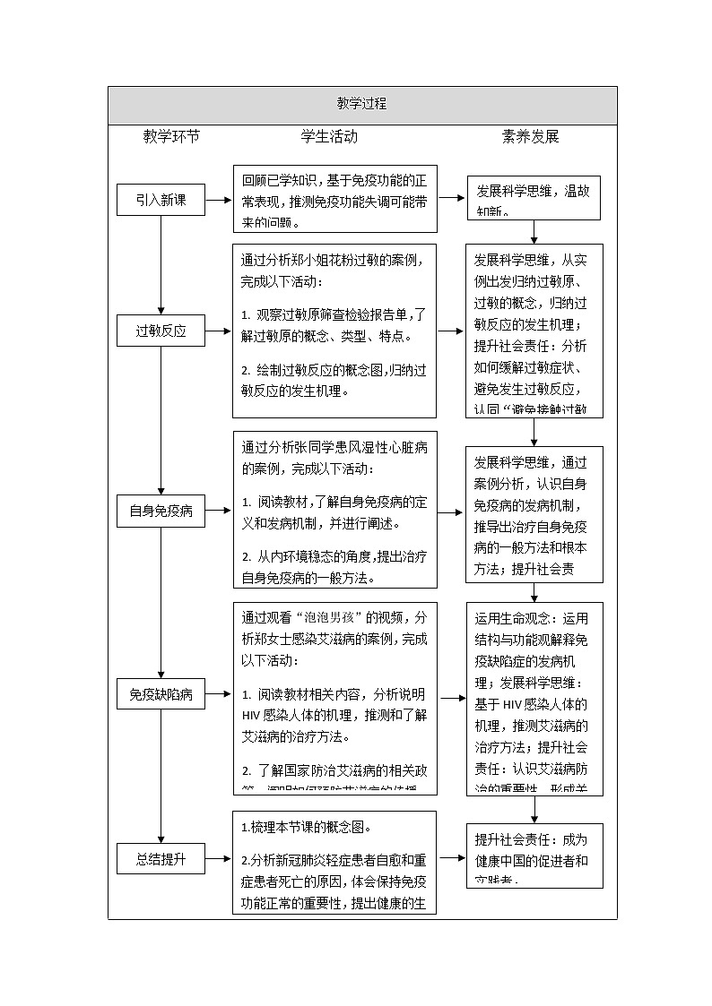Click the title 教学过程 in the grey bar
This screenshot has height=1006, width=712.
[x=361, y=104]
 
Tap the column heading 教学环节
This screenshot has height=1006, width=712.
[x=171, y=137]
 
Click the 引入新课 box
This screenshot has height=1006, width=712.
[x=161, y=201]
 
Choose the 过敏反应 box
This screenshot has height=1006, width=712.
[x=161, y=331]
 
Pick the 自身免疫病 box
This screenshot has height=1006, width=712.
[x=161, y=512]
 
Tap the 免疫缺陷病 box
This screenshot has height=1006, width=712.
[x=161, y=694]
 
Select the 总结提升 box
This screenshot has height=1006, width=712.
[x=161, y=858]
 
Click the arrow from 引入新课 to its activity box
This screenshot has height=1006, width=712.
[x=219, y=201]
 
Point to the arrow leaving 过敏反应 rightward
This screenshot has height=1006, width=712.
[x=219, y=331]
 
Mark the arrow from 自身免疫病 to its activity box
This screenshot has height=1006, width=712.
[x=219, y=512]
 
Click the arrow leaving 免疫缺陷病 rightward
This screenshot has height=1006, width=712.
[x=219, y=694]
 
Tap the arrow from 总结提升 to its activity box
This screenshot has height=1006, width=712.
[x=219, y=858]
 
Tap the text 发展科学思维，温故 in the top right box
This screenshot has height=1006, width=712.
[x=533, y=192]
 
